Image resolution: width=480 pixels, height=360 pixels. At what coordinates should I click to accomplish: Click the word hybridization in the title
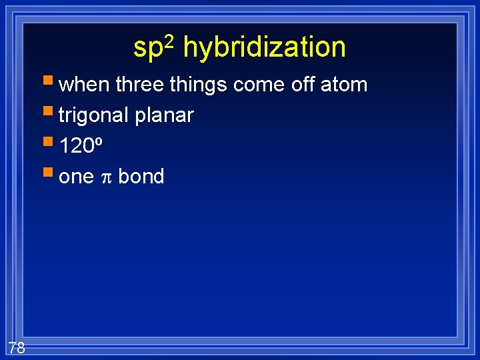coord(264,48)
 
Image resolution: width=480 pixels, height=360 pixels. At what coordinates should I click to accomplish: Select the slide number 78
coord(17,347)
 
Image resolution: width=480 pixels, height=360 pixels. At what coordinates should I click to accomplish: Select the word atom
coord(344,85)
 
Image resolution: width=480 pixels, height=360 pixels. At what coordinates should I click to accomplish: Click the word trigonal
coord(94,116)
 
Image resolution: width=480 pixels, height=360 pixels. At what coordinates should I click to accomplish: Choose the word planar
coord(164,116)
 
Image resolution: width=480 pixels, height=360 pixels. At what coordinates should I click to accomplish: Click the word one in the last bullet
coord(76,177)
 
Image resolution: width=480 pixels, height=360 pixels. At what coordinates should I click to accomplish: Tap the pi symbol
coord(106,177)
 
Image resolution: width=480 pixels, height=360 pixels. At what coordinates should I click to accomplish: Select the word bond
coord(141,177)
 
